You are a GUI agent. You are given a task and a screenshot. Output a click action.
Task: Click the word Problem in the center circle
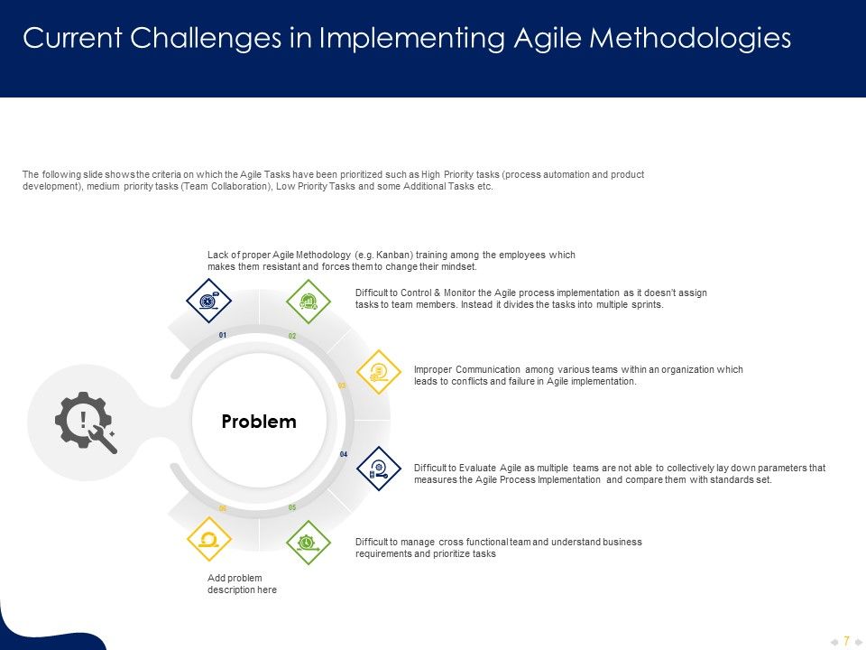pos(259,422)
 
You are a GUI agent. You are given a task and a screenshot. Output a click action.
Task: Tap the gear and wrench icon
pos(84,422)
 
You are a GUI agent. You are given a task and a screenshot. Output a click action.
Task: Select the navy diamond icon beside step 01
pos(208,301)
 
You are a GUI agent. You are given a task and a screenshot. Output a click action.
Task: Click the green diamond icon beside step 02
pos(309,301)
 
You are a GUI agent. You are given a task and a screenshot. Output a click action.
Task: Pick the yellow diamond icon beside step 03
pos(379,372)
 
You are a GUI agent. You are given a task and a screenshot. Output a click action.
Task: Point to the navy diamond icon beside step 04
pos(379,469)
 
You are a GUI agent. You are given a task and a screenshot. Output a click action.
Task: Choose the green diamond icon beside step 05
pos(309,542)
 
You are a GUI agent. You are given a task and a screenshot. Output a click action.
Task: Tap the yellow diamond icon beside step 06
pos(208,540)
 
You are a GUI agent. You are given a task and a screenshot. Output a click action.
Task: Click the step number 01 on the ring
pos(223,335)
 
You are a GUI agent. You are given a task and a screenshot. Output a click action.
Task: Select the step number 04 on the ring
pos(344,454)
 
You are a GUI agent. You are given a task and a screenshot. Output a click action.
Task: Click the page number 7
pos(846,641)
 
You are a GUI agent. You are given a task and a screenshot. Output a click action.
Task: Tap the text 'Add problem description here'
pos(242,583)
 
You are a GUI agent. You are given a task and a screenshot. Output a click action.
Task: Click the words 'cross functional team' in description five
pos(484,542)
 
